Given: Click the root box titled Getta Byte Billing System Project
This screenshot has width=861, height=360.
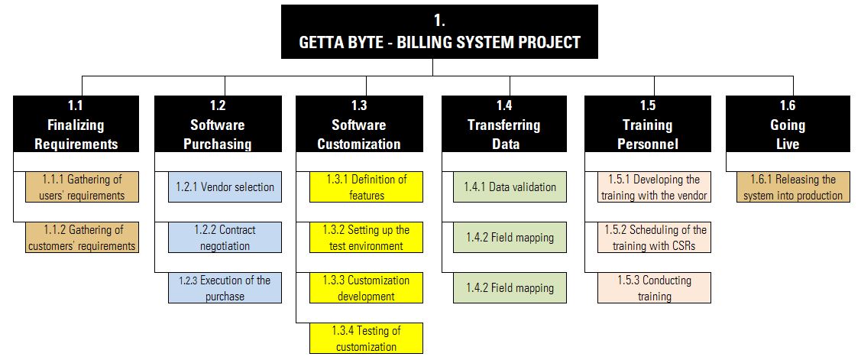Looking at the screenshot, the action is (x=439, y=31).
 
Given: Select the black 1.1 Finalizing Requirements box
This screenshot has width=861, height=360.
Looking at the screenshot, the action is (x=76, y=124).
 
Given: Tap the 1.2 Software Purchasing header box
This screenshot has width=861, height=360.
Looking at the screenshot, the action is (x=218, y=124).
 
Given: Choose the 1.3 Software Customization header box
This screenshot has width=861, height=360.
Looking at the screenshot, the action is (x=360, y=124).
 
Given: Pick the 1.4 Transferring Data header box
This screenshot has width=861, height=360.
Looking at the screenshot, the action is (x=504, y=124).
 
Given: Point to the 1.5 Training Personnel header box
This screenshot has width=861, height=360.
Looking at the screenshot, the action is (x=648, y=124).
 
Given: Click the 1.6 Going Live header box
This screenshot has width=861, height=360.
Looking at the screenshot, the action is (x=788, y=124).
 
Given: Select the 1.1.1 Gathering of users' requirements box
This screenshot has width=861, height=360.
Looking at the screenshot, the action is (x=83, y=186).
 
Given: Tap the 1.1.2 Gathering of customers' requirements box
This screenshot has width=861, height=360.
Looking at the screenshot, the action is (x=83, y=238).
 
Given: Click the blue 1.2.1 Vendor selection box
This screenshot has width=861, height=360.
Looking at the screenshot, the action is (x=225, y=186).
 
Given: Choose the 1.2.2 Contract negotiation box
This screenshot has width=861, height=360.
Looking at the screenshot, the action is (x=225, y=238).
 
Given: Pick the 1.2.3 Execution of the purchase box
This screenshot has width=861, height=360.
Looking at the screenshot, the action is (x=225, y=288).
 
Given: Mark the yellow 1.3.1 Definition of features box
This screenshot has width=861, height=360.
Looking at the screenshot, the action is (x=366, y=186).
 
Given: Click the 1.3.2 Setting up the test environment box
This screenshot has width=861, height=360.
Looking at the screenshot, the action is (x=366, y=238).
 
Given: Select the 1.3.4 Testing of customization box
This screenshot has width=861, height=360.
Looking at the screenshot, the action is (x=366, y=338).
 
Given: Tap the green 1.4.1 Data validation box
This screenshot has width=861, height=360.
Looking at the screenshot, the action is (x=510, y=186).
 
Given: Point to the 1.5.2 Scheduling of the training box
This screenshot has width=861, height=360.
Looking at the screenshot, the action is (x=655, y=238).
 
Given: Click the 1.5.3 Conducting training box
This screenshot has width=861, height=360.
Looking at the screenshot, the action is (x=655, y=288).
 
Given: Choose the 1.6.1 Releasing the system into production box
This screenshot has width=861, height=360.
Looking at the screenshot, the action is (x=794, y=186).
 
